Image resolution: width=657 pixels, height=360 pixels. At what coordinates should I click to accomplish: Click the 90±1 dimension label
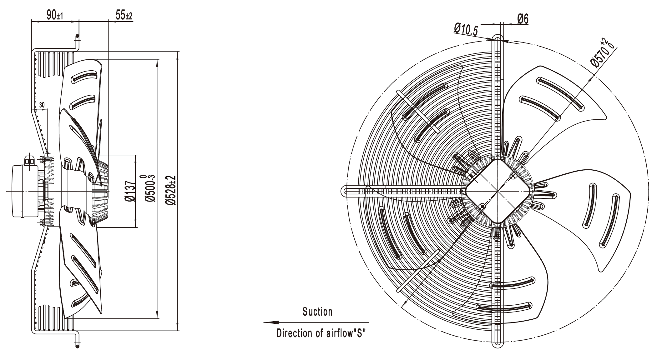coord(55,15)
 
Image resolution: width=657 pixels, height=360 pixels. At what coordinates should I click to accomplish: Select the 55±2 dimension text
coord(124,15)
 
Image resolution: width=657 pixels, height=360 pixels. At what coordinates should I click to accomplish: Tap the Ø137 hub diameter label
coord(130,191)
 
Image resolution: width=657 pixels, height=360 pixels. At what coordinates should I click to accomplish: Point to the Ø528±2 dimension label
coord(171,190)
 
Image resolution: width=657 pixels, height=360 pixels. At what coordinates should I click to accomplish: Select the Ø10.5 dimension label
coord(466,30)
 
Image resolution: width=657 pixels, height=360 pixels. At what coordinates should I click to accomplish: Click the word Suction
coord(317,312)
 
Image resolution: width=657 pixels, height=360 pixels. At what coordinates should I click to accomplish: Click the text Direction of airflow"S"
coord(321,333)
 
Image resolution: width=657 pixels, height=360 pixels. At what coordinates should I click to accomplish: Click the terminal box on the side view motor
coord(25,191)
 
